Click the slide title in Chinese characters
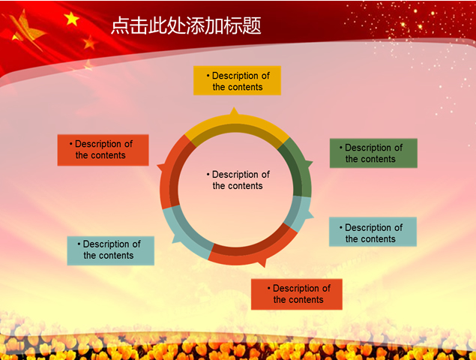[186, 25]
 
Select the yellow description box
[237, 81]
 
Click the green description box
[373, 153]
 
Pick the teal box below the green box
[373, 232]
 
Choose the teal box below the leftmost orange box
[110, 250]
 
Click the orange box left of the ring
[103, 149]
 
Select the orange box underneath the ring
[297, 294]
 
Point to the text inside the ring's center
[238, 180]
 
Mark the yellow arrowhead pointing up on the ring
[234, 113]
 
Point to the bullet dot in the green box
[341, 148]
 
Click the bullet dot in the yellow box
[208, 76]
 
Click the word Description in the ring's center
[241, 175]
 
